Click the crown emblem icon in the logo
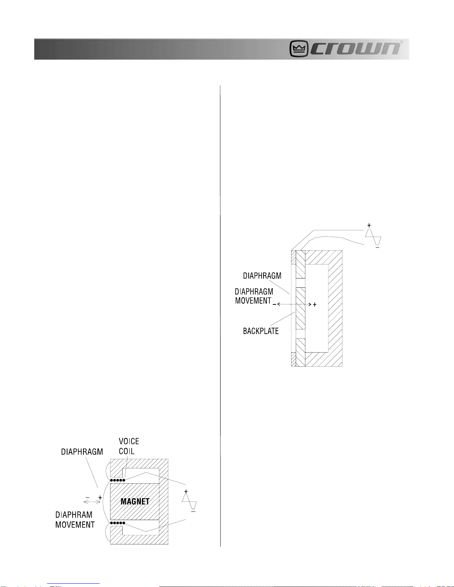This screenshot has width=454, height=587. pos(299,49)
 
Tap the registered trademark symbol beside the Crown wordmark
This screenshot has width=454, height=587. pos(401,42)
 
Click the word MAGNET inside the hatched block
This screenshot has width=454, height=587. pos(135,501)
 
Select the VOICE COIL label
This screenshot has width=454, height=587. pos(129,446)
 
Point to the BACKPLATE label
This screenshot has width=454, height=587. pos(261,331)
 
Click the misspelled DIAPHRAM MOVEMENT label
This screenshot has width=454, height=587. pos(75,520)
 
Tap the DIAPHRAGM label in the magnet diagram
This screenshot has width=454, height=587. pos(82,452)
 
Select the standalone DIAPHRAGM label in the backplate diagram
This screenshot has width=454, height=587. pos(262,276)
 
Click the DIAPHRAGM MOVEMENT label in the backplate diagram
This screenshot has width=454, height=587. pos(254,296)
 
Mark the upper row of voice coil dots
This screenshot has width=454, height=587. pos(117,480)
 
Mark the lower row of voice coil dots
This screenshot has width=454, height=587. pos(117,523)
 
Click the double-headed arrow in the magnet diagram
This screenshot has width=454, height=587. pos(92,502)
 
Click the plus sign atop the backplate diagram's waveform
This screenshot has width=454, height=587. pos(369,225)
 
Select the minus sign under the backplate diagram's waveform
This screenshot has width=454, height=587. pos(377,247)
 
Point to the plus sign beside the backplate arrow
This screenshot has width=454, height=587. pos(315,304)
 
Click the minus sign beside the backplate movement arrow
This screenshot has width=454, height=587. pos(274,304)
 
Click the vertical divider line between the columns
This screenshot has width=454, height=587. pos(221,315)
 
